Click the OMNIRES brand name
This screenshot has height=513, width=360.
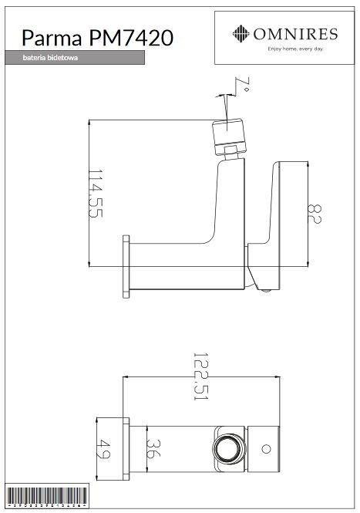point(295,32)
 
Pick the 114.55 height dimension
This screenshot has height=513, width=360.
point(94,193)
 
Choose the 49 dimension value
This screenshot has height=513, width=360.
point(105,448)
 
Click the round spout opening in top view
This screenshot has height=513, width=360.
point(226,448)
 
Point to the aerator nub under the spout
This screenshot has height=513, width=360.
point(264,290)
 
